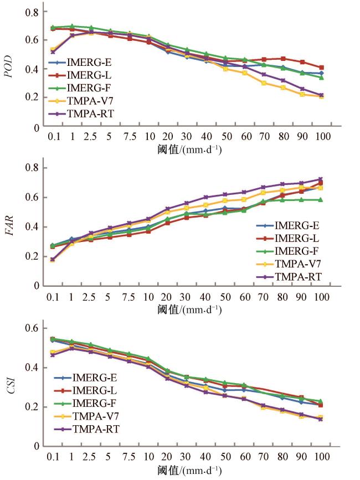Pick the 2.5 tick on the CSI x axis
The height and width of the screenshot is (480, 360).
[91, 457]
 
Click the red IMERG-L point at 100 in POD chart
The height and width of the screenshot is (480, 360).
[321, 68]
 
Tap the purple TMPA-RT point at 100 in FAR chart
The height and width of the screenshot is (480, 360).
[321, 179]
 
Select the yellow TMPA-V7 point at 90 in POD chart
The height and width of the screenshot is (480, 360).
[302, 94]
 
